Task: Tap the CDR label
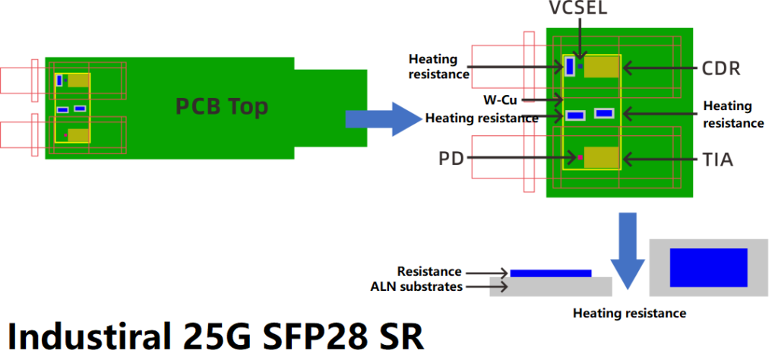tap(721, 68)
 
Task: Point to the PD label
tap(451, 159)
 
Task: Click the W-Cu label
tap(499, 99)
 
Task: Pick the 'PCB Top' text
tap(222, 106)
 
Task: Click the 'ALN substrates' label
tap(416, 286)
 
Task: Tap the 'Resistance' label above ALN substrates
tap(429, 271)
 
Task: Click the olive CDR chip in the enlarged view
tap(602, 67)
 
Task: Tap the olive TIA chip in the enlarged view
tap(602, 157)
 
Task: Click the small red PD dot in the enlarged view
tap(580, 157)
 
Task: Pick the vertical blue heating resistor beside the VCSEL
tap(569, 66)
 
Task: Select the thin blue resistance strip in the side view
tap(550, 273)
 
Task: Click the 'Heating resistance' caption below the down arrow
tap(629, 313)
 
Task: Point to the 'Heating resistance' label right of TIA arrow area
tap(733, 115)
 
